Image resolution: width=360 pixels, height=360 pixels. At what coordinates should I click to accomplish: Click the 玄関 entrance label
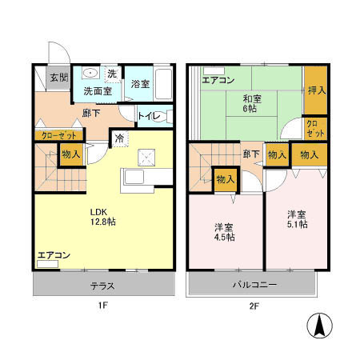click(x=58, y=78)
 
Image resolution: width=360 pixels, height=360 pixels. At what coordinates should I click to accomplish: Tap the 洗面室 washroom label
click(x=98, y=90)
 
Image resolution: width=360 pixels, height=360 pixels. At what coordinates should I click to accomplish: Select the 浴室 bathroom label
click(x=141, y=84)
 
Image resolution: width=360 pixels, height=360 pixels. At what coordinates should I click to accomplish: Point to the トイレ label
click(x=150, y=117)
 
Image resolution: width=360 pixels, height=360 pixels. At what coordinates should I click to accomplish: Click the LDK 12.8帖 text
click(x=102, y=217)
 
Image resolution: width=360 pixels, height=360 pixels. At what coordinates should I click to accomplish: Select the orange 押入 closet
click(x=315, y=91)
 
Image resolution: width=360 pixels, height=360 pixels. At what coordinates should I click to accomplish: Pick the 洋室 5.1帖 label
click(x=298, y=219)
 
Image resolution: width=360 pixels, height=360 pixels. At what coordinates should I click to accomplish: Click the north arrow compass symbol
click(x=319, y=326)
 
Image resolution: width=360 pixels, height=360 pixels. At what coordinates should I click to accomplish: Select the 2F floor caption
click(x=254, y=306)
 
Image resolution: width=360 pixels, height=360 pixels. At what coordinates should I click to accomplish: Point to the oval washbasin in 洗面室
click(x=90, y=74)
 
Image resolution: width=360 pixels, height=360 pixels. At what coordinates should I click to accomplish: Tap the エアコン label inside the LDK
click(x=54, y=256)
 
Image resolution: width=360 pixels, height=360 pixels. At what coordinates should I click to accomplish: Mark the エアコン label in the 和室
click(x=218, y=80)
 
